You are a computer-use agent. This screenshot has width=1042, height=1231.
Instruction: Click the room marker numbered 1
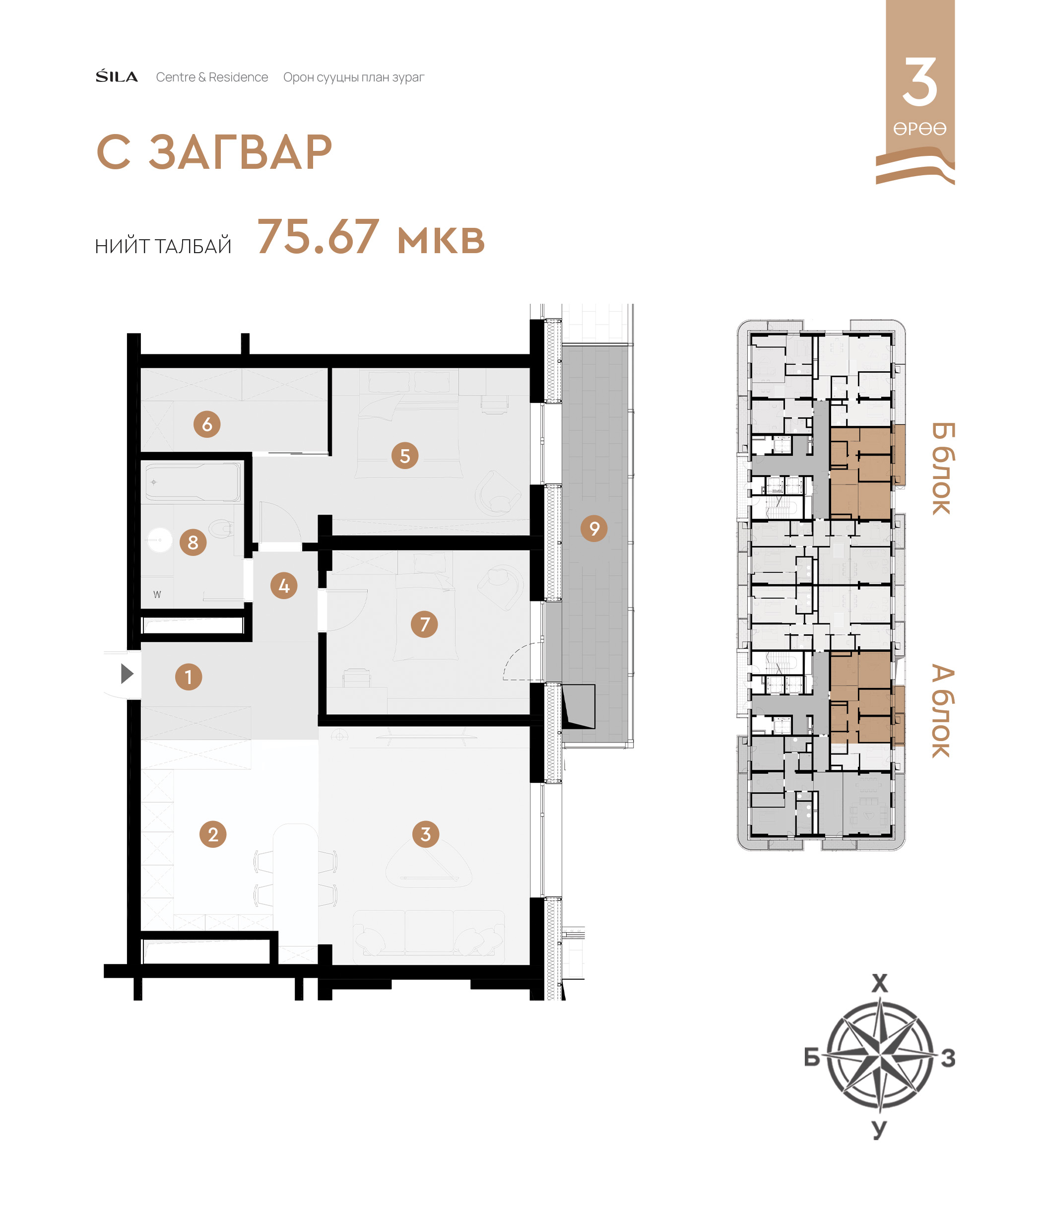[189, 677]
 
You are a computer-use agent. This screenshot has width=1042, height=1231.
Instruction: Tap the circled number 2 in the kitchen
[213, 834]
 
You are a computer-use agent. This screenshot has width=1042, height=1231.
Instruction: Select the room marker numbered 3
[425, 834]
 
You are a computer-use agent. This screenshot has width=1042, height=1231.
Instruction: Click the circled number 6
[207, 424]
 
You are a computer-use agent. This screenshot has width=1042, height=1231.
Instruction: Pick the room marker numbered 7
[424, 624]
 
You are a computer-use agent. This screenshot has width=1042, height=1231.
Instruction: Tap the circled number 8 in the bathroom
[193, 542]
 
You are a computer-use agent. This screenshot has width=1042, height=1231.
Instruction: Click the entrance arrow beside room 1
[127, 674]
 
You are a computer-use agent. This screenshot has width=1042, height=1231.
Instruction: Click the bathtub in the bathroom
[193, 481]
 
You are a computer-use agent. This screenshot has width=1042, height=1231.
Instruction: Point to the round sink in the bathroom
[159, 540]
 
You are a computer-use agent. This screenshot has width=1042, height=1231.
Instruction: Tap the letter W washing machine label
[157, 595]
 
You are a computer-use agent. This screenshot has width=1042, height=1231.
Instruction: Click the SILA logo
[117, 76]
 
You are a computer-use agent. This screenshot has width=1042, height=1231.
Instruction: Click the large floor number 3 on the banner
[920, 81]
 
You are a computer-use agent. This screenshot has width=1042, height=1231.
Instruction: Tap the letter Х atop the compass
[880, 983]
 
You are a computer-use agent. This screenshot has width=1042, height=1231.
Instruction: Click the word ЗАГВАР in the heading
[241, 152]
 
